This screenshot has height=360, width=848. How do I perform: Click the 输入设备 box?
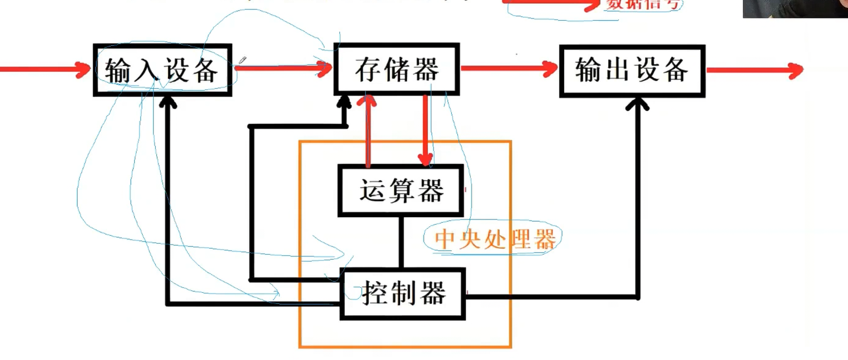tap(162, 69)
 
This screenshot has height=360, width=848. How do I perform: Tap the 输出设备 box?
tap(632, 70)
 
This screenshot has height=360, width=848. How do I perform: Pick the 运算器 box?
tap(401, 190)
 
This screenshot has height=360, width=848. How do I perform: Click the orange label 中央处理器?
tap(495, 240)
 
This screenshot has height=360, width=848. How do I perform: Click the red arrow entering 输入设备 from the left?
tap(45, 69)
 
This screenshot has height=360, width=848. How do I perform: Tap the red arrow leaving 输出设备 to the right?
tap(753, 71)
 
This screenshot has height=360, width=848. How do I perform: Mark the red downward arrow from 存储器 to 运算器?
tap(426, 132)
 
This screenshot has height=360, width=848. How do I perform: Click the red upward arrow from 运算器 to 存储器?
tap(368, 132)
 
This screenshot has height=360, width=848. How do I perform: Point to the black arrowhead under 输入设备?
tap(167, 102)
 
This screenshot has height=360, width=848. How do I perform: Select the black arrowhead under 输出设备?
tap(638, 103)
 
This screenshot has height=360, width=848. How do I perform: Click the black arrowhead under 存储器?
tap(344, 102)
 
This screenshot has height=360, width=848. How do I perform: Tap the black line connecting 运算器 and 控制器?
tap(401, 242)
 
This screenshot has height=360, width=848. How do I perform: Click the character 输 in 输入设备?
tap(119, 71)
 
